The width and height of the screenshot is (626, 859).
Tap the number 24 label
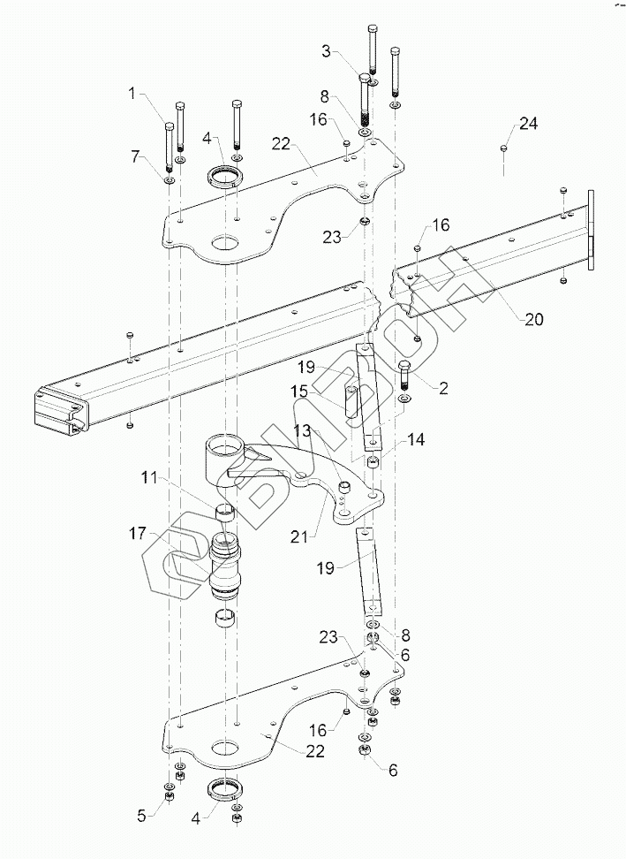(x=527, y=125)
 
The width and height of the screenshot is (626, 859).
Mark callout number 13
(x=303, y=429)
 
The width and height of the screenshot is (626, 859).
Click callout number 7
(x=136, y=156)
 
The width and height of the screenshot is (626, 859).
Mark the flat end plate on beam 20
(x=591, y=229)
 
